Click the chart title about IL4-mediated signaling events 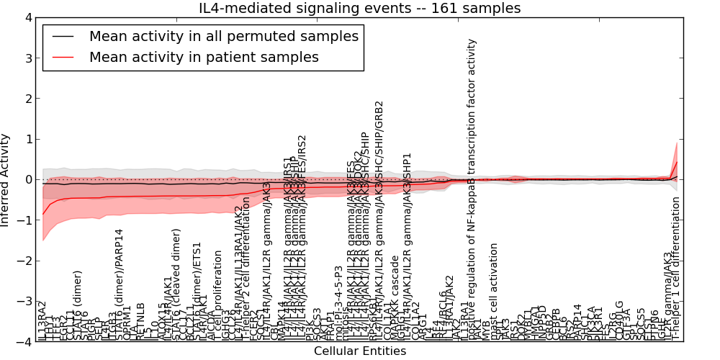click(360, 8)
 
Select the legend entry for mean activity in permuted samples click(223, 35)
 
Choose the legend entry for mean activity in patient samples click(204, 57)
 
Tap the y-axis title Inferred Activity click(6, 179)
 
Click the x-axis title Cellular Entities click(360, 351)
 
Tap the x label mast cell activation click(494, 292)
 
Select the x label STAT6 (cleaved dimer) click(176, 284)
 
